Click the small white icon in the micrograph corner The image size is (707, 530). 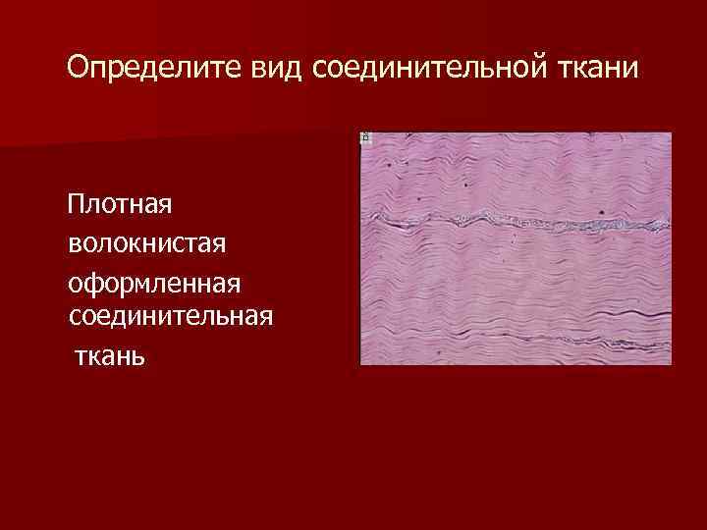366,138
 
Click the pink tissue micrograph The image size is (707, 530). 516,285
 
